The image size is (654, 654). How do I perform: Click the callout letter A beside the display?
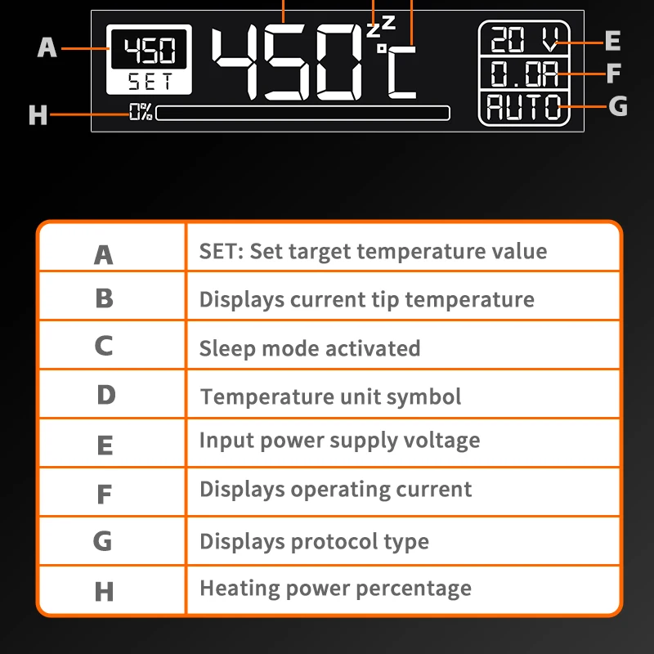point(47,47)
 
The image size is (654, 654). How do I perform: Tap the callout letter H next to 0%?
point(38,114)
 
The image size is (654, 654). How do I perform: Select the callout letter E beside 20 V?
point(612,41)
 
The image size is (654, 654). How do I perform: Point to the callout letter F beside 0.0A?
point(614,74)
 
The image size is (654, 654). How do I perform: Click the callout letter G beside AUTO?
point(618,106)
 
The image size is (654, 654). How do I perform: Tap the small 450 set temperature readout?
point(150,50)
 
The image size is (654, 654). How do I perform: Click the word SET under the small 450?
point(150,81)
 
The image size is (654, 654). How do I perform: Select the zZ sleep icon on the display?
point(381,26)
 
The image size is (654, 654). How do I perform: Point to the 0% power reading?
point(141,112)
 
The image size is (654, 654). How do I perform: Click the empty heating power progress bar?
point(302,113)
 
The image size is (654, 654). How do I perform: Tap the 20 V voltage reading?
point(524,39)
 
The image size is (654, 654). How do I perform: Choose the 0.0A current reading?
point(524,74)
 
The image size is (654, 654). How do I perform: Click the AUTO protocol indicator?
point(524,107)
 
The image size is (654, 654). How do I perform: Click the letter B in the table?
point(105,298)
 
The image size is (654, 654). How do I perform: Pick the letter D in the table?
point(106,395)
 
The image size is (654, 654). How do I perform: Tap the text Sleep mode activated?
point(310,348)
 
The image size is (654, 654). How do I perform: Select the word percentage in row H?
point(414,589)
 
